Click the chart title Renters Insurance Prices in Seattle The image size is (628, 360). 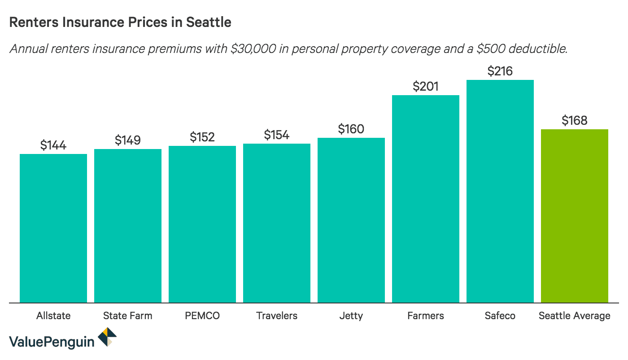tap(120, 22)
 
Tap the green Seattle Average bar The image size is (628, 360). tap(574, 215)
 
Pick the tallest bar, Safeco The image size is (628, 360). tap(500, 191)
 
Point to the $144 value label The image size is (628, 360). tap(53, 145)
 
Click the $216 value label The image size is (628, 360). tap(500, 71)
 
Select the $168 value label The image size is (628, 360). tap(574, 120)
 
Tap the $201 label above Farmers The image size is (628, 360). tap(425, 86)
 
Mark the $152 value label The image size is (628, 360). tap(202, 137)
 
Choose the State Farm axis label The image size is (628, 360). tap(127, 316)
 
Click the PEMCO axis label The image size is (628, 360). tap(202, 316)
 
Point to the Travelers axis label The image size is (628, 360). tap(277, 316)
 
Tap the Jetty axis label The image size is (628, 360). tap(351, 316)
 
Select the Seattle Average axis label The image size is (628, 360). tap(574, 316)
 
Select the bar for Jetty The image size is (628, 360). tap(351, 220)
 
